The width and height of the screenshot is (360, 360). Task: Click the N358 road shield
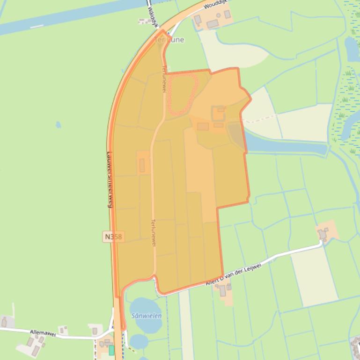[113, 237]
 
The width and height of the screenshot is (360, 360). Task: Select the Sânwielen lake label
[146, 316]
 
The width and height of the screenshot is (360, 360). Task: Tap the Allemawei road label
[43, 333]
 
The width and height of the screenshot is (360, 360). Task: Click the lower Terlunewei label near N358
[153, 232]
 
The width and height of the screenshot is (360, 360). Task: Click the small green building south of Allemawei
[111, 350]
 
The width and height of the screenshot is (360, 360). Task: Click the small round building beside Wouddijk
[228, 14]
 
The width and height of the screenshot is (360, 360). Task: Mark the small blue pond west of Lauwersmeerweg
[58, 125]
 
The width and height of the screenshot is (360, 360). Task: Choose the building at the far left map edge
[4, 322]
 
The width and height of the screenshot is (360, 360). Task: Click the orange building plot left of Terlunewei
[143, 164]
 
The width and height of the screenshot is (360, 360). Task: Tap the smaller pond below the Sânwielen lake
[139, 341]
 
